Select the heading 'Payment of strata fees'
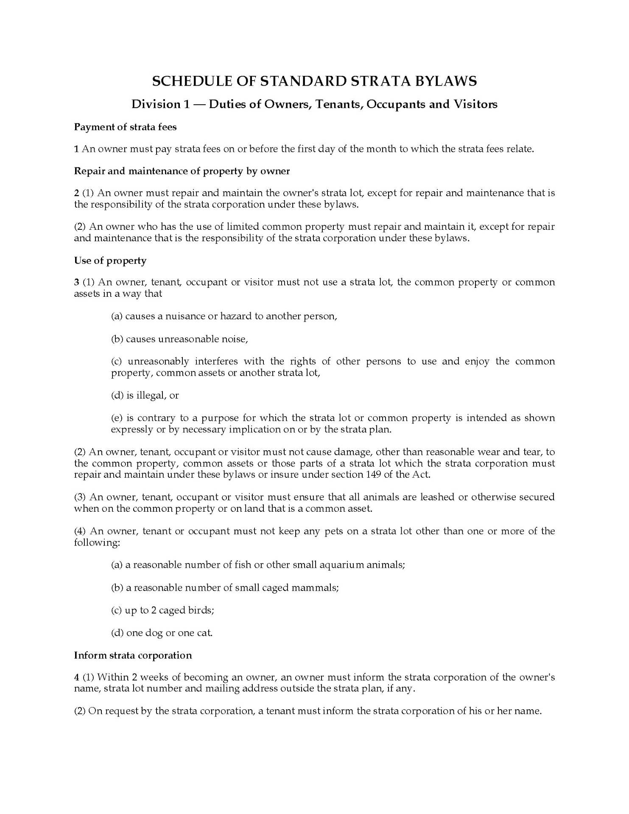(x=125, y=127)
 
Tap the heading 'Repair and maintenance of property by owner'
(x=182, y=171)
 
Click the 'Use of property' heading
(x=110, y=260)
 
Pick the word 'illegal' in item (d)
(x=151, y=395)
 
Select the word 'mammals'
(x=320, y=588)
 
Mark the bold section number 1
(x=76, y=149)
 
